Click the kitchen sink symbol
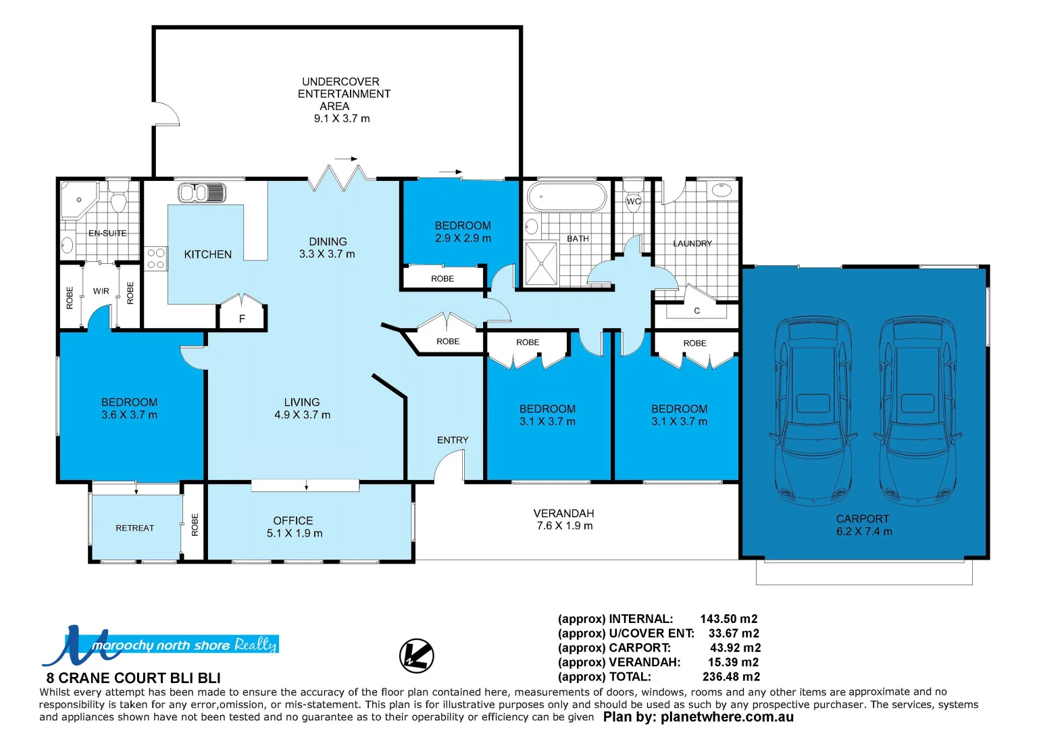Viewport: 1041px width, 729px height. [202, 192]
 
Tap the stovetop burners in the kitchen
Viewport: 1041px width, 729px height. [155, 259]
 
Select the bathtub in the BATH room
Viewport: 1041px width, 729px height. [567, 196]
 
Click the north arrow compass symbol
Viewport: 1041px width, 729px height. [416, 655]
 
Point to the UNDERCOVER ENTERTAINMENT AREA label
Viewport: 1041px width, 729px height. [344, 94]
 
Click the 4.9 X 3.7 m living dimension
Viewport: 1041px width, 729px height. [302, 414]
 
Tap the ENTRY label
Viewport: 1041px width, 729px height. [453, 439]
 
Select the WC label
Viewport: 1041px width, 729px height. [634, 202]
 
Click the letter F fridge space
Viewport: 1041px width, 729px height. [242, 319]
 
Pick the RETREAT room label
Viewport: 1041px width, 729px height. [135, 528]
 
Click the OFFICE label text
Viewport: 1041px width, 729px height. [293, 520]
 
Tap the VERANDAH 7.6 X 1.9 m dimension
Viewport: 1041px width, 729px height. [565, 526]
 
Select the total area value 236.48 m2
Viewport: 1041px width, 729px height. [731, 676]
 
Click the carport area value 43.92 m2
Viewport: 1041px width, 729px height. [735, 648]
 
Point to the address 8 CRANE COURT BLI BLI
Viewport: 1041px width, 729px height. [133, 678]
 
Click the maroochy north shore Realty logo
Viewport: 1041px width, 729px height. [160, 645]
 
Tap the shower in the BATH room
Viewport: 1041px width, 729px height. [541, 263]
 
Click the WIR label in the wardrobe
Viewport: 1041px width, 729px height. [101, 291]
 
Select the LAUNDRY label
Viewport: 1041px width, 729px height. [692, 243]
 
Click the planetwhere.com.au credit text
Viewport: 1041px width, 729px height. [727, 717]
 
